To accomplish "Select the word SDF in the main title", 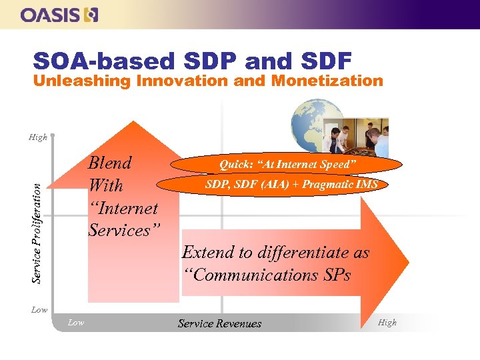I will [x=326, y=61].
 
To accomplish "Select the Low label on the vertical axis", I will [x=39, y=310].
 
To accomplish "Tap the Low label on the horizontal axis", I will [x=76, y=323].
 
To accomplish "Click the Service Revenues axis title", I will [x=219, y=323].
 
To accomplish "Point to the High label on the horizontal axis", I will [x=387, y=323].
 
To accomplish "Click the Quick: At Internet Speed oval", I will [x=288, y=164].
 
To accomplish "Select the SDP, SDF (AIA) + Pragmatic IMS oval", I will [x=291, y=185].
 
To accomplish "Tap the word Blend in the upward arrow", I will [x=110, y=163].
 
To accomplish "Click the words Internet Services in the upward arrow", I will [x=123, y=219].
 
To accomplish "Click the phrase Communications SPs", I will [x=267, y=275].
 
